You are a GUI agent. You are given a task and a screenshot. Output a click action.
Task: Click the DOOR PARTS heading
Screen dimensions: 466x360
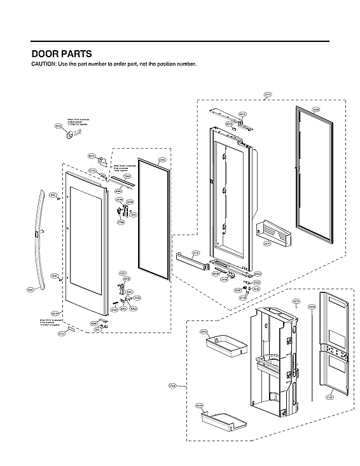61,54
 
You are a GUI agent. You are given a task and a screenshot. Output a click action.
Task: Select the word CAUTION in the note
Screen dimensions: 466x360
45,65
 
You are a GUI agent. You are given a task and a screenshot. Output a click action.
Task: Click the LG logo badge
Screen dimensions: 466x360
59,127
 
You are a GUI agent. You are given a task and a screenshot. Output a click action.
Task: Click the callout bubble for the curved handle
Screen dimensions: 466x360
31,289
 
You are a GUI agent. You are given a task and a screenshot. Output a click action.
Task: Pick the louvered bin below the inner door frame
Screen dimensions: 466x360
273,235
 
